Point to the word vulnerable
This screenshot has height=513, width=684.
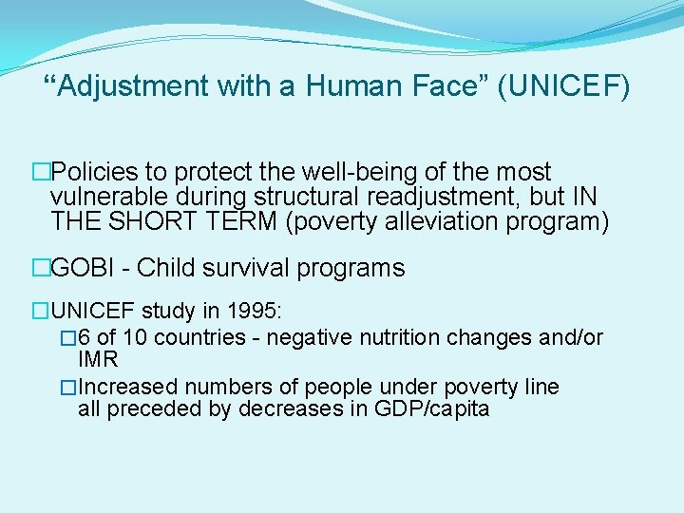tap(111, 196)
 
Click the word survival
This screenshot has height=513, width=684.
tap(250, 268)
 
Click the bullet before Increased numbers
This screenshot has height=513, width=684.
tap(67, 388)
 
